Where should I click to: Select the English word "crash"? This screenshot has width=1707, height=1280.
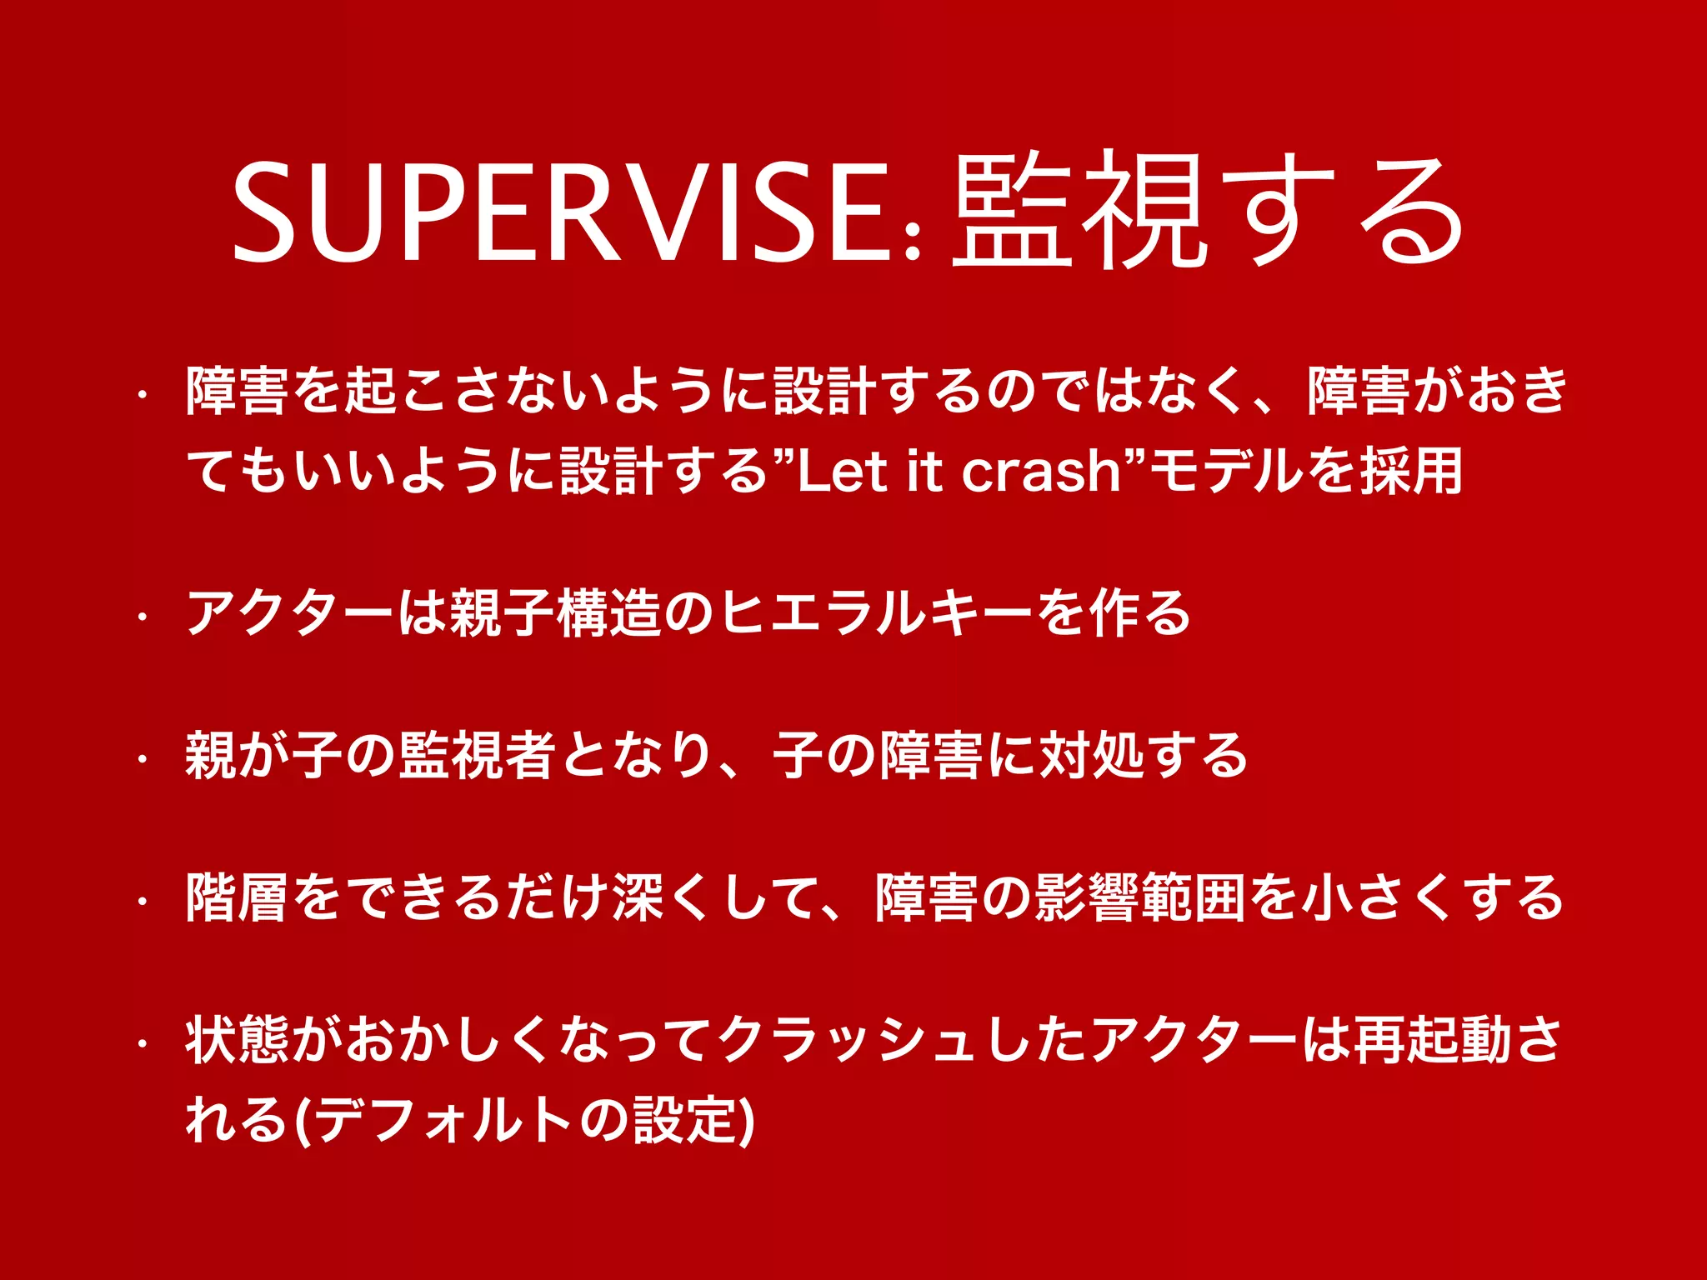pyautogui.click(x=1042, y=472)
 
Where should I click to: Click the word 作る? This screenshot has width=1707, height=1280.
pyautogui.click(x=1138, y=613)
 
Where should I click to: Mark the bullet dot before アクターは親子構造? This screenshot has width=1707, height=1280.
pyautogui.click(x=143, y=617)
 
